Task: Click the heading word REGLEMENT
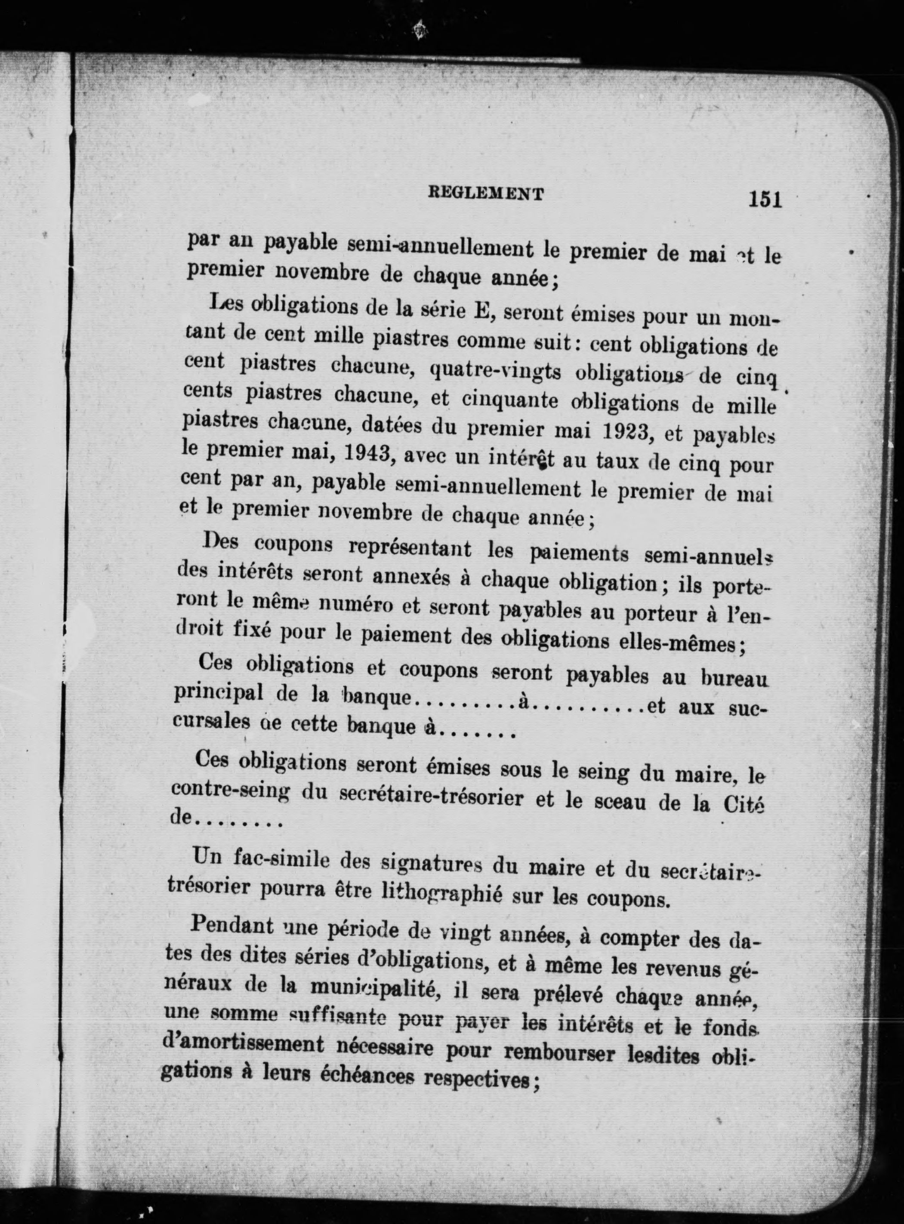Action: tap(485, 194)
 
